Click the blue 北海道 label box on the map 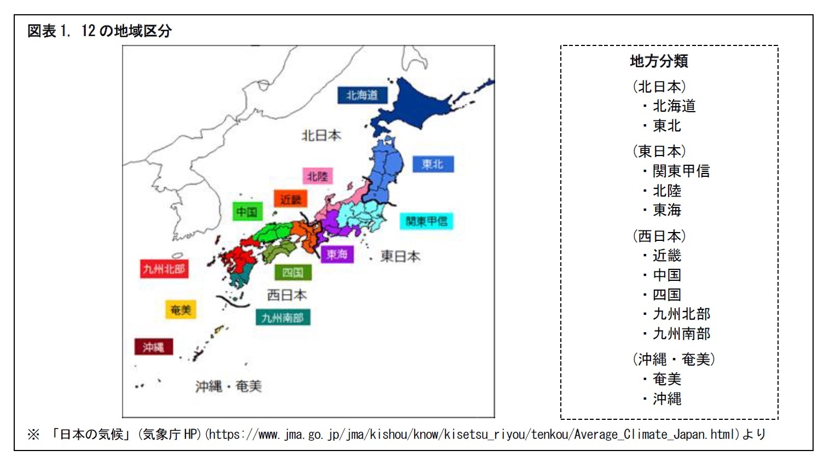point(362,95)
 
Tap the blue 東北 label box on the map point(432,164)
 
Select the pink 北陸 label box point(317,176)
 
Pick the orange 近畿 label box point(291,199)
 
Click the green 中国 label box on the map point(247,212)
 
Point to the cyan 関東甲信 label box point(426,221)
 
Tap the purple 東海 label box point(336,255)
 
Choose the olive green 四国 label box point(293,273)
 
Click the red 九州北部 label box point(164,269)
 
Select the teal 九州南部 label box point(282,317)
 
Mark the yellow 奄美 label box point(181,310)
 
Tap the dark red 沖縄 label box point(153,347)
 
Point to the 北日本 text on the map point(321,135)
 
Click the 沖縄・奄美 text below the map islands point(229,386)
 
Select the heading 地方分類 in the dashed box point(659,61)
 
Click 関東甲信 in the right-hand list point(681,171)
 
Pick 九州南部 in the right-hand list point(681,333)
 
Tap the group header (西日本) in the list point(659,236)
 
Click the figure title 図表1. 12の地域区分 point(100,31)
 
